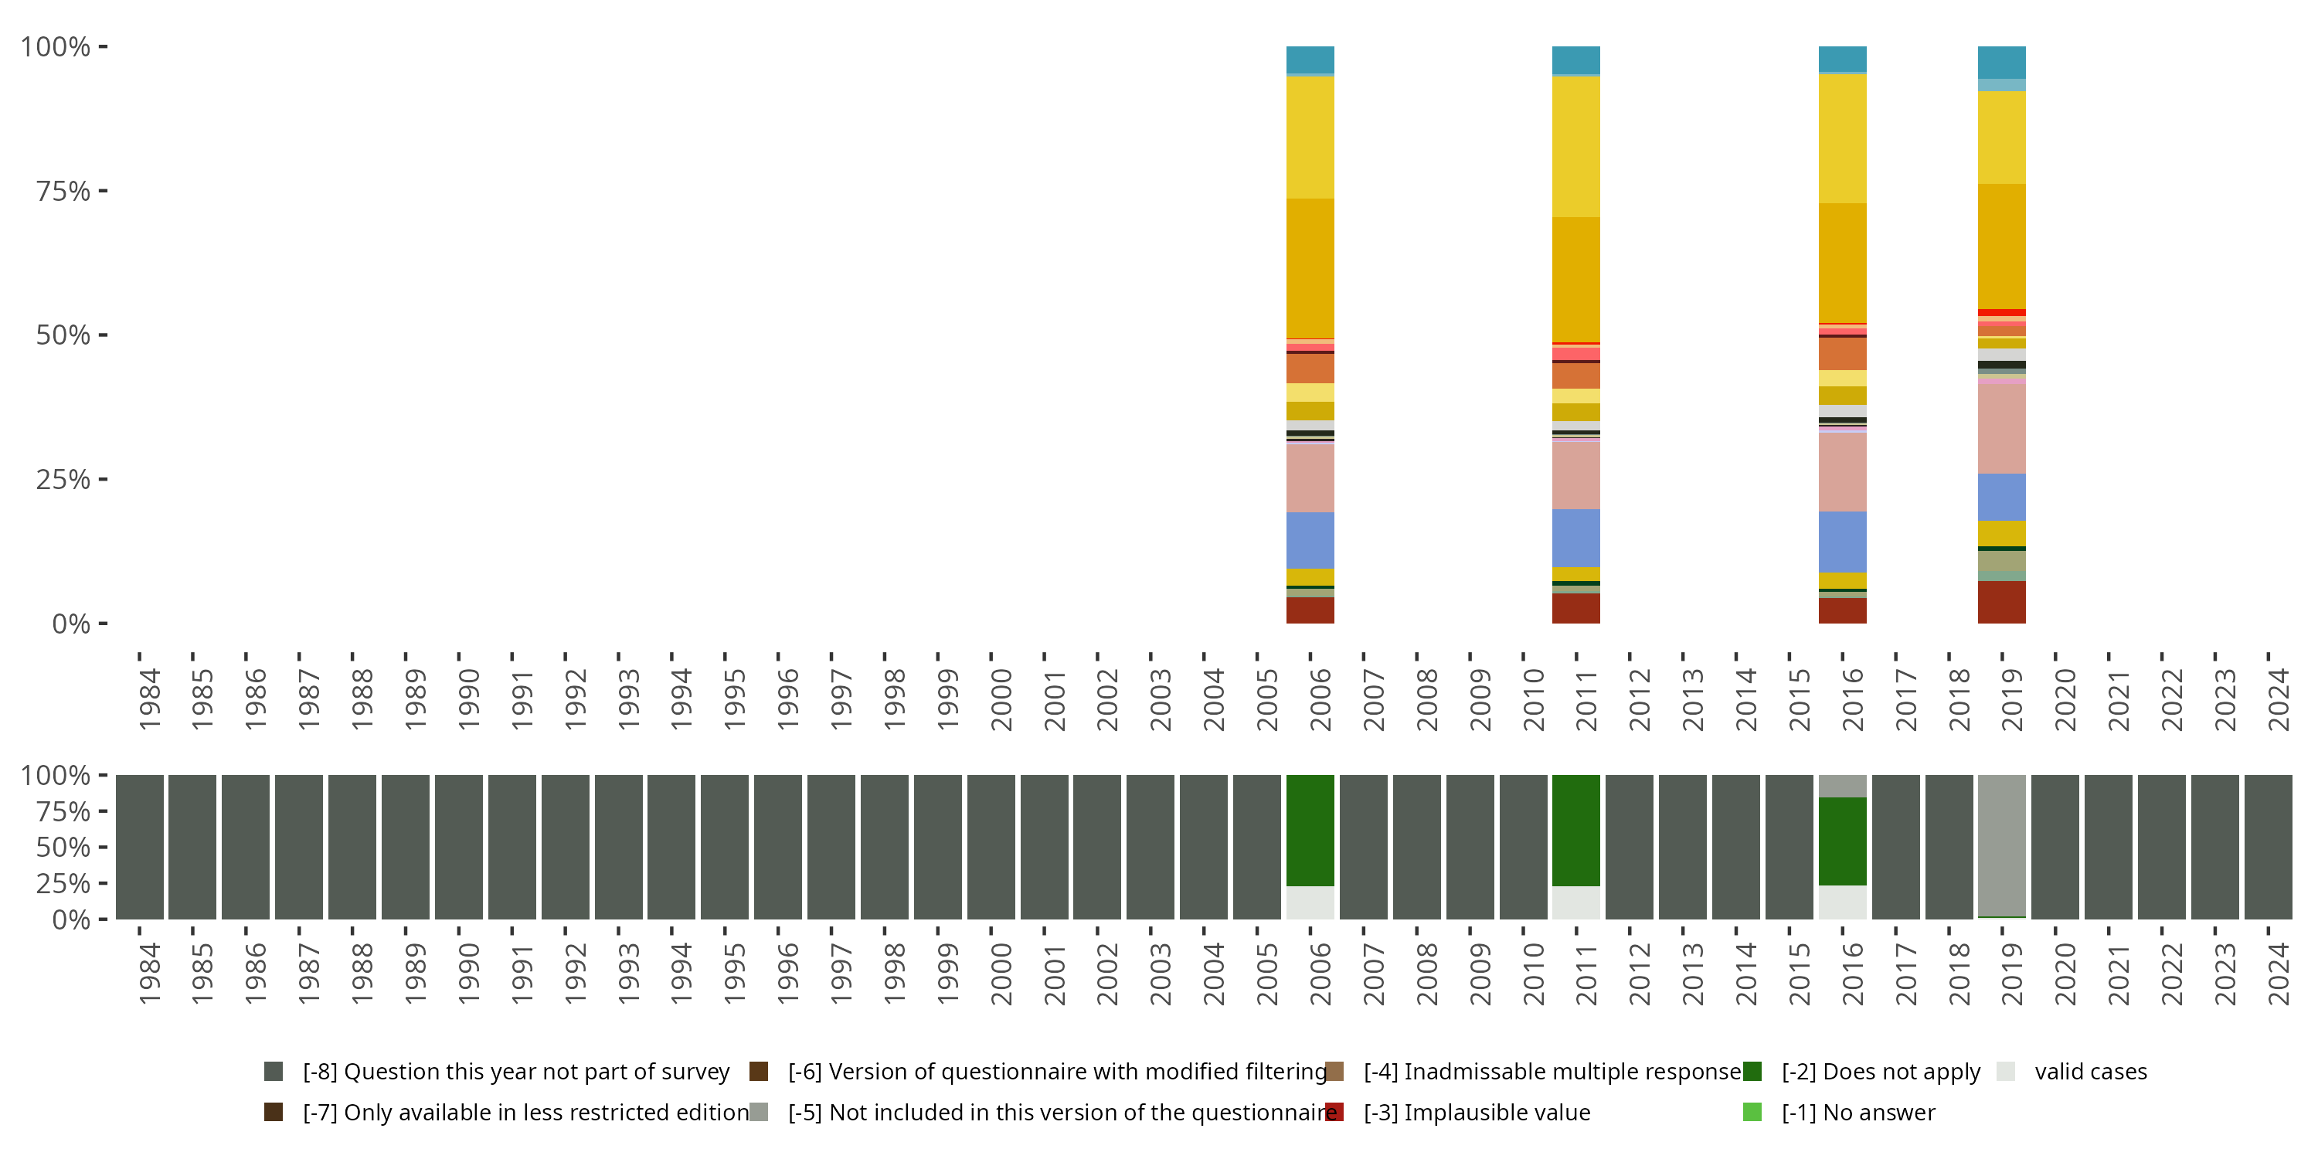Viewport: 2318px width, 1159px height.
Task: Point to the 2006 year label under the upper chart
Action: tap(1320, 699)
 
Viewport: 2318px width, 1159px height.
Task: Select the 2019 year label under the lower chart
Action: tap(2011, 974)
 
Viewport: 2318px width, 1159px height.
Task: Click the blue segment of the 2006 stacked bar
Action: tap(1310, 540)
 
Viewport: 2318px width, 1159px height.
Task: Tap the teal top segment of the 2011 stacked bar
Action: tap(1575, 59)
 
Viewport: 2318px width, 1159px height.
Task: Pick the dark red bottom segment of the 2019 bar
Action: tap(2001, 602)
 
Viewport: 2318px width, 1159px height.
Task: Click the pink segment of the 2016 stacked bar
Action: tap(1842, 472)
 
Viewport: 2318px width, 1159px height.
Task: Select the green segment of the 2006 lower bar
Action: tap(1310, 830)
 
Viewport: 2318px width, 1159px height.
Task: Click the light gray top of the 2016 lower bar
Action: tap(1842, 786)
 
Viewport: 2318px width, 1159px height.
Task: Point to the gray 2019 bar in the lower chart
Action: tap(2001, 846)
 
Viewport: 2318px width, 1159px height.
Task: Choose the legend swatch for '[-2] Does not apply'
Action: tap(1752, 1071)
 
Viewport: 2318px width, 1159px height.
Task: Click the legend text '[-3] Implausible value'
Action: tap(1477, 1112)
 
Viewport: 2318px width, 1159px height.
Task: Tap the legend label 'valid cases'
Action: tap(2090, 1071)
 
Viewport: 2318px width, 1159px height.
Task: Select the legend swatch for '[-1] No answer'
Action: tap(1752, 1112)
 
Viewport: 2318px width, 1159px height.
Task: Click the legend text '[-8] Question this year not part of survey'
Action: tap(515, 1071)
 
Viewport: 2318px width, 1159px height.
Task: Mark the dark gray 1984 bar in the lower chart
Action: tap(140, 846)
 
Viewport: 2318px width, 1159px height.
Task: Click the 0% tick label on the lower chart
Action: tap(71, 919)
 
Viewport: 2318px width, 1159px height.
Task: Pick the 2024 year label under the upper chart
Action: tap(2278, 699)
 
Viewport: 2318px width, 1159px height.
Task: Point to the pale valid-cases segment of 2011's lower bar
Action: tap(1575, 902)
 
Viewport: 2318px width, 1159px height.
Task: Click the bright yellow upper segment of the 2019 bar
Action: tap(2001, 137)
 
